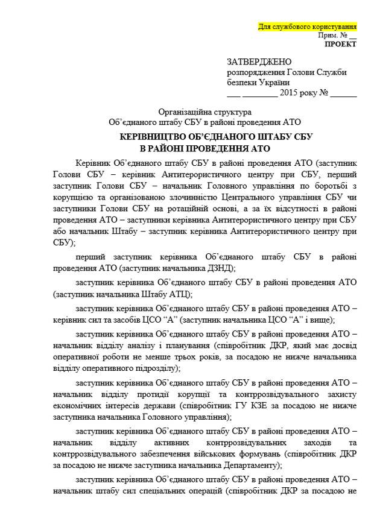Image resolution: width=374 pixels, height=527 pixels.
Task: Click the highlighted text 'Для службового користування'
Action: [307, 27]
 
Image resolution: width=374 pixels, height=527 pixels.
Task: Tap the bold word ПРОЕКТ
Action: [340, 44]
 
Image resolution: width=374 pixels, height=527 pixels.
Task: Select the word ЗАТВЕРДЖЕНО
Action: [259, 62]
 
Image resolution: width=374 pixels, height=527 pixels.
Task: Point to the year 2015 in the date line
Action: [293, 93]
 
